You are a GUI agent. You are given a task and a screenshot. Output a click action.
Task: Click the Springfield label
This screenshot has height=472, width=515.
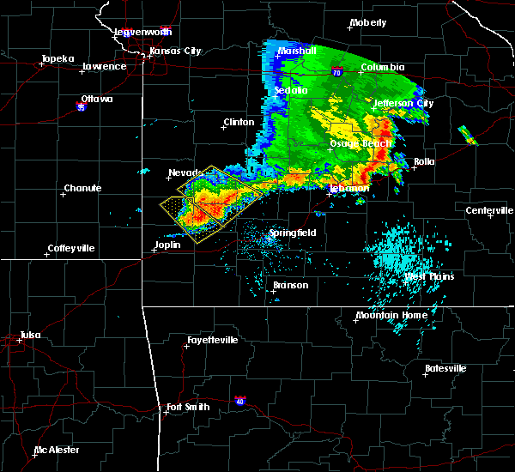pos(294,233)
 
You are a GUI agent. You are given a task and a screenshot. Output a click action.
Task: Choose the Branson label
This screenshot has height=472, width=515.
pos(290,285)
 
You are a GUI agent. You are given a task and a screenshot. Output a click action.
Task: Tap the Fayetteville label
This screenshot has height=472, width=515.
pos(212,340)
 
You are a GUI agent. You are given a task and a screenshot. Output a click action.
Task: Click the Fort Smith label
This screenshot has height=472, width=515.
pos(188,406)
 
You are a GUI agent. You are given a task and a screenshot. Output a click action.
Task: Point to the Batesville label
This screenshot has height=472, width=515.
pos(446,368)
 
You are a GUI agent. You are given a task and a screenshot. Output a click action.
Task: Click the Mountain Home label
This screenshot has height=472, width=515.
pos(391,315)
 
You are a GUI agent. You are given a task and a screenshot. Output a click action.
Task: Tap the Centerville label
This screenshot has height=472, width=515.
pos(488,210)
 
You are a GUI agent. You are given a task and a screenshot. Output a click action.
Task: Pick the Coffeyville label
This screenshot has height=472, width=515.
pos(71,248)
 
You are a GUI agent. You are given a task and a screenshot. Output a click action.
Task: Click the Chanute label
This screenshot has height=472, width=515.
pos(83,188)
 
